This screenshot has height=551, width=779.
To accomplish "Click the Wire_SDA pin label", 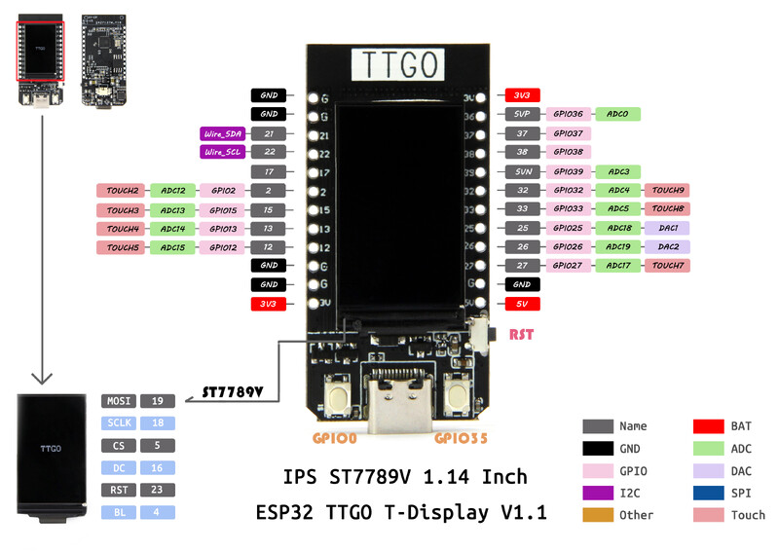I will (x=223, y=133).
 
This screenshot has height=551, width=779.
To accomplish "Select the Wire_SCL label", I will (x=223, y=152).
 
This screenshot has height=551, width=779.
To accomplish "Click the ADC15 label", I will (x=173, y=247).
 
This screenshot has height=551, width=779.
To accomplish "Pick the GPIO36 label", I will (x=568, y=115).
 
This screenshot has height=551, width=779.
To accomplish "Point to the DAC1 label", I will (x=668, y=228).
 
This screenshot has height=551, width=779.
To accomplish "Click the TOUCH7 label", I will (x=668, y=266).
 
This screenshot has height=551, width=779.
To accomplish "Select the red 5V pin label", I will (x=522, y=304).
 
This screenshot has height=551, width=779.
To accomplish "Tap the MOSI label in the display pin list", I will (x=118, y=400).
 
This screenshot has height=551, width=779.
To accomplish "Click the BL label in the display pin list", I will (x=118, y=511).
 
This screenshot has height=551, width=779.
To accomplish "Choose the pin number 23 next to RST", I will (x=157, y=489).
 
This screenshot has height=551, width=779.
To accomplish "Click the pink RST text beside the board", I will (x=522, y=335).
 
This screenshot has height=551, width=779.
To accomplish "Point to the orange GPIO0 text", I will (x=335, y=439).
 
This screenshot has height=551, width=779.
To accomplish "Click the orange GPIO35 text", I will (x=461, y=439).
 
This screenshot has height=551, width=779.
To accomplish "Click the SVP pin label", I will (x=522, y=115).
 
